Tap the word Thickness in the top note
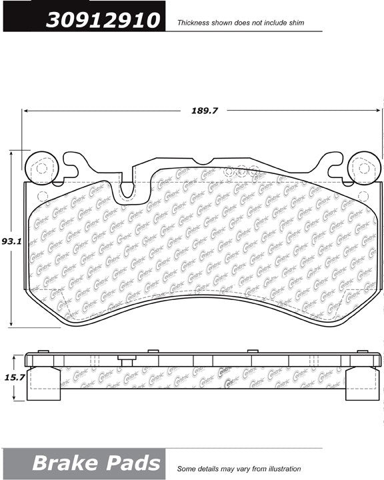[191, 23]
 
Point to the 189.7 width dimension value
[205, 111]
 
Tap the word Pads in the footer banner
[131, 463]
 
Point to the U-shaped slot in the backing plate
[125, 189]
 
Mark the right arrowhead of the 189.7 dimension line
[378, 111]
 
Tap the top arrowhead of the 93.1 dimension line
[11, 154]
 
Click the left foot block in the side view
[45, 385]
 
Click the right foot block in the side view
[359, 385]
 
